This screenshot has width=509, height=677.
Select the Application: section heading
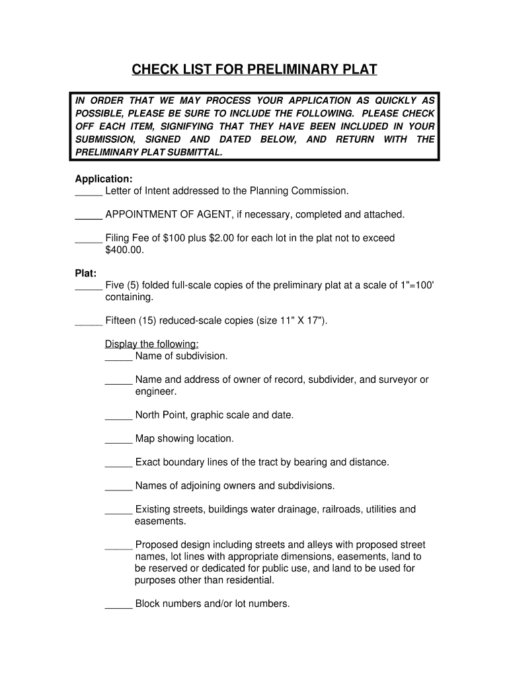[104, 179]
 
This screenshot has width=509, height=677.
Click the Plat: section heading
[86, 273]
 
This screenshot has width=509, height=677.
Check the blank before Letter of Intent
[89, 192]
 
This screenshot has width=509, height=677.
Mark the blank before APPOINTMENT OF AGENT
[89, 216]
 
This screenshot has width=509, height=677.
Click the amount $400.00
[124, 251]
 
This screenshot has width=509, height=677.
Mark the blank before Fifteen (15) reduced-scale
[89, 322]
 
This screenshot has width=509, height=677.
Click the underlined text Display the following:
[152, 344]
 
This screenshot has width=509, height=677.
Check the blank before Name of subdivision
[118, 357]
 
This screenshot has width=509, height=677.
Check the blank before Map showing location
[118, 440]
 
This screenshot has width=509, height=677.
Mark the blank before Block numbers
[118, 605]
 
